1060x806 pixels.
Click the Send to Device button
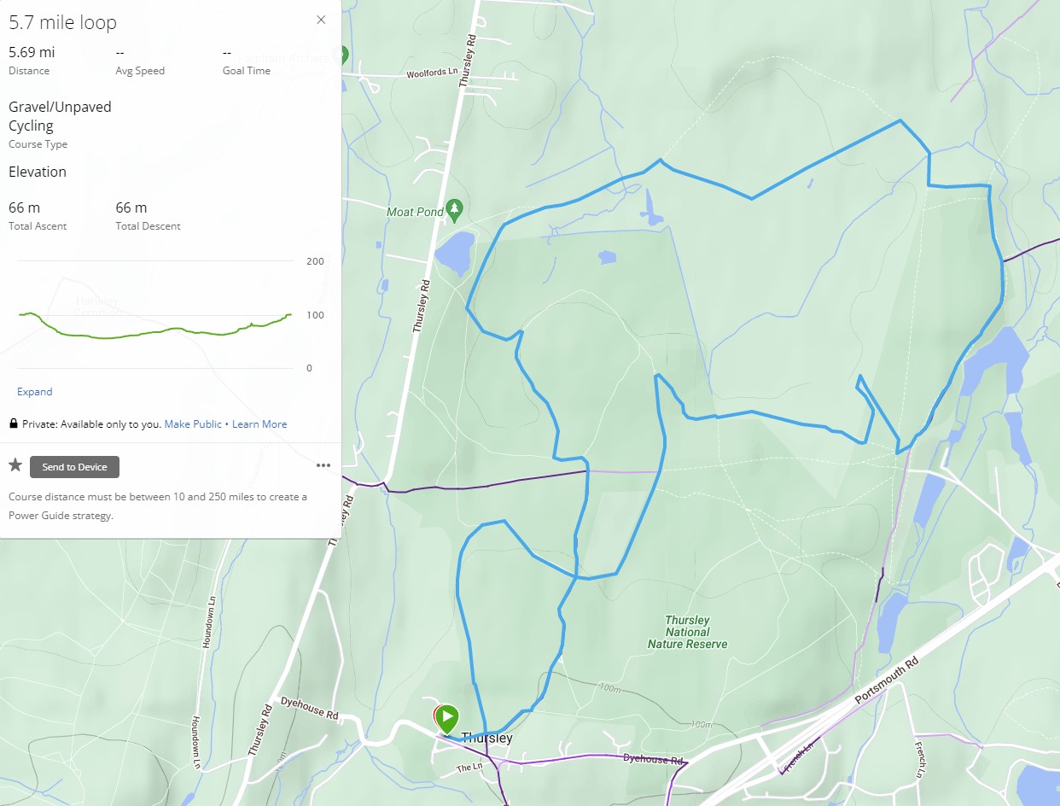pyautogui.click(x=74, y=467)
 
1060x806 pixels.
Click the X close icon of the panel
pyautogui.click(x=321, y=20)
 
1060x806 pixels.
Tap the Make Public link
pyautogui.click(x=193, y=424)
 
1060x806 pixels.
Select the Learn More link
pyautogui.click(x=259, y=424)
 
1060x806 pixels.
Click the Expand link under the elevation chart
pyautogui.click(x=35, y=392)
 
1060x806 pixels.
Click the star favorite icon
pyautogui.click(x=15, y=465)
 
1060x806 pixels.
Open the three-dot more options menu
pyautogui.click(x=323, y=466)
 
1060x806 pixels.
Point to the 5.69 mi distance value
pyautogui.click(x=32, y=52)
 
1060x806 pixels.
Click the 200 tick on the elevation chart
pyautogui.click(x=315, y=261)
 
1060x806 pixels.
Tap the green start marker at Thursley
pyautogui.click(x=446, y=718)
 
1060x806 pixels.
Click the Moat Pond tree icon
pyautogui.click(x=456, y=207)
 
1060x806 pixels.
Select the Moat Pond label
pyautogui.click(x=415, y=212)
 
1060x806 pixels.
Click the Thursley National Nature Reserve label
pyautogui.click(x=687, y=632)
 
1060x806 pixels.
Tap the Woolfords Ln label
pyautogui.click(x=432, y=73)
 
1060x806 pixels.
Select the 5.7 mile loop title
pyautogui.click(x=62, y=23)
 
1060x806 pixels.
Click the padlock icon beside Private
pyautogui.click(x=14, y=424)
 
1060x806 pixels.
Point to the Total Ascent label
pyautogui.click(x=36, y=226)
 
